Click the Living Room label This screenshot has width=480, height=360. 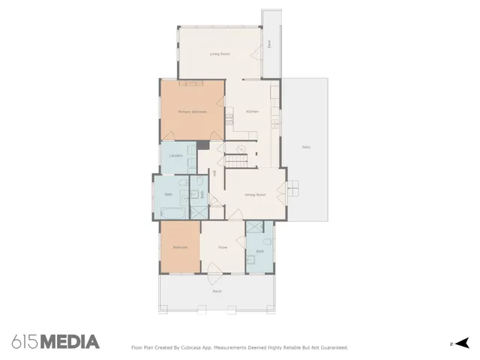pos(220,54)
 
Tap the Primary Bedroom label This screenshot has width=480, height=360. pos(192,112)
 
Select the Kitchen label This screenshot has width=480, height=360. pos(252,112)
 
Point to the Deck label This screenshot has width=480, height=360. pos(269,43)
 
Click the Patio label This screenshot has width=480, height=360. pos(306,147)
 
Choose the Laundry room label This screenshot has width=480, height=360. pos(176,156)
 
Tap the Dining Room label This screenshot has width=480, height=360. pos(256,194)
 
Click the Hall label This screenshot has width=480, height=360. pos(214,173)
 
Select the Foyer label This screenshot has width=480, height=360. pos(223,247)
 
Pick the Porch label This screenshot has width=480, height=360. pos(217,291)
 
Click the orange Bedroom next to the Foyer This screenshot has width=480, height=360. pos(180,247)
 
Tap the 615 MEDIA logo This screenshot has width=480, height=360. pos(55,342)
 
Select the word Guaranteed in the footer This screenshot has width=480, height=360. pos(331,347)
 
